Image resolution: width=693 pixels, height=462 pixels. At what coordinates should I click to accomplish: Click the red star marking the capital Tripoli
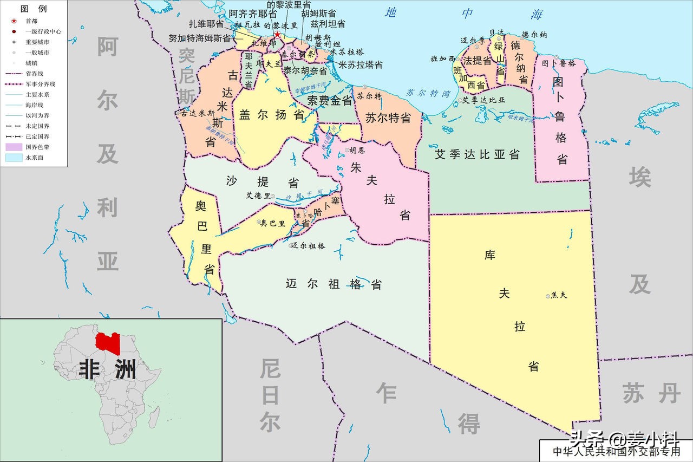[277, 35]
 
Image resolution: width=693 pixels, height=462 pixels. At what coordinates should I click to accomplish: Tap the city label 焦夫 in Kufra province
[558, 295]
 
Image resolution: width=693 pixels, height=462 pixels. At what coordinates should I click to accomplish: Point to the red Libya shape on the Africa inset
[107, 343]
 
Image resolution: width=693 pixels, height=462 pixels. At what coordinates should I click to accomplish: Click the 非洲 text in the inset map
[107, 370]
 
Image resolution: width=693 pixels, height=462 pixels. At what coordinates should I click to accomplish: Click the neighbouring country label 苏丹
[651, 392]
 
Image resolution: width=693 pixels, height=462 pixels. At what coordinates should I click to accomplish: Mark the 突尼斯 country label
[187, 75]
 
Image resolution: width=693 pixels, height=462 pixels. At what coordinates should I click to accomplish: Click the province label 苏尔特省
[388, 118]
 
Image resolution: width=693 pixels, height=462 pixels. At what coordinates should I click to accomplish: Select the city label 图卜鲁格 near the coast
[559, 63]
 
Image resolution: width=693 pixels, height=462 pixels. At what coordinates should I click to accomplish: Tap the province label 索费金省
[330, 100]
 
